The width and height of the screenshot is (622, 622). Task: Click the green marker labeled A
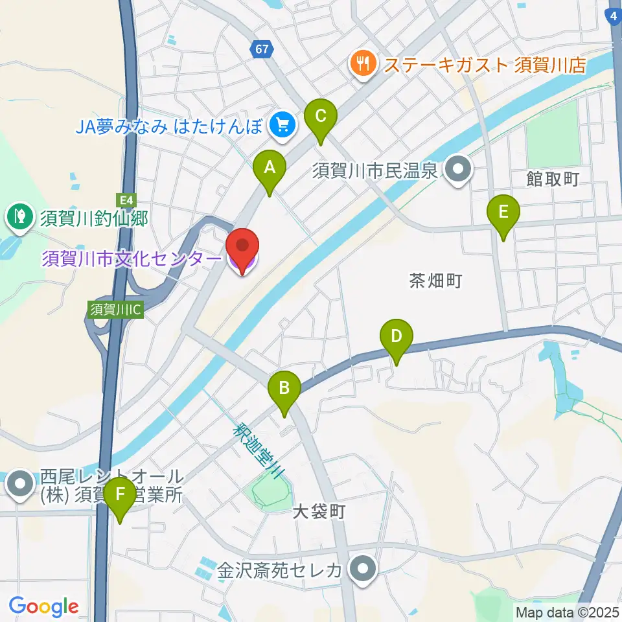pos(270,170)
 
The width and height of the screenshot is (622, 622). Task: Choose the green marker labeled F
pos(120,496)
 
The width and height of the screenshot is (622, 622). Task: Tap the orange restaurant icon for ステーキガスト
pos(362,65)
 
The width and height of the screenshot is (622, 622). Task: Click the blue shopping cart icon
pos(282,122)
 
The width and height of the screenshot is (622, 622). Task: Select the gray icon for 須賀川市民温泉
pos(459,171)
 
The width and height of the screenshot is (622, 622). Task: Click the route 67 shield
pos(262,50)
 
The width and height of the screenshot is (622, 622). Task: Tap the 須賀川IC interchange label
pos(115,309)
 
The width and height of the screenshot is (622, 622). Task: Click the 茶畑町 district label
pos(435,280)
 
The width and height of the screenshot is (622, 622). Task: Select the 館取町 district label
pos(552,179)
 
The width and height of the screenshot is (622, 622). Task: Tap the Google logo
pos(44,606)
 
